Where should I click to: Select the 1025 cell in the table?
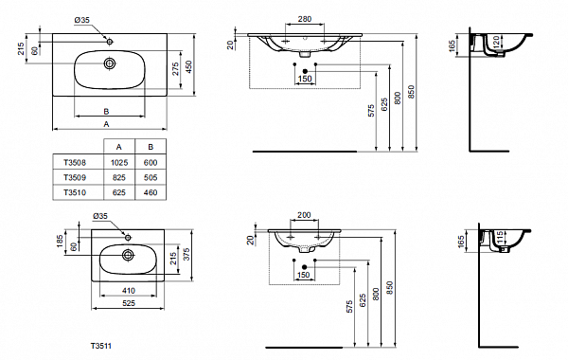118,162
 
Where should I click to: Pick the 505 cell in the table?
150,177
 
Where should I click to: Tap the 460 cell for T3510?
150,192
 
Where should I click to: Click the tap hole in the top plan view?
110,42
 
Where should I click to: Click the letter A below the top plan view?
106,124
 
